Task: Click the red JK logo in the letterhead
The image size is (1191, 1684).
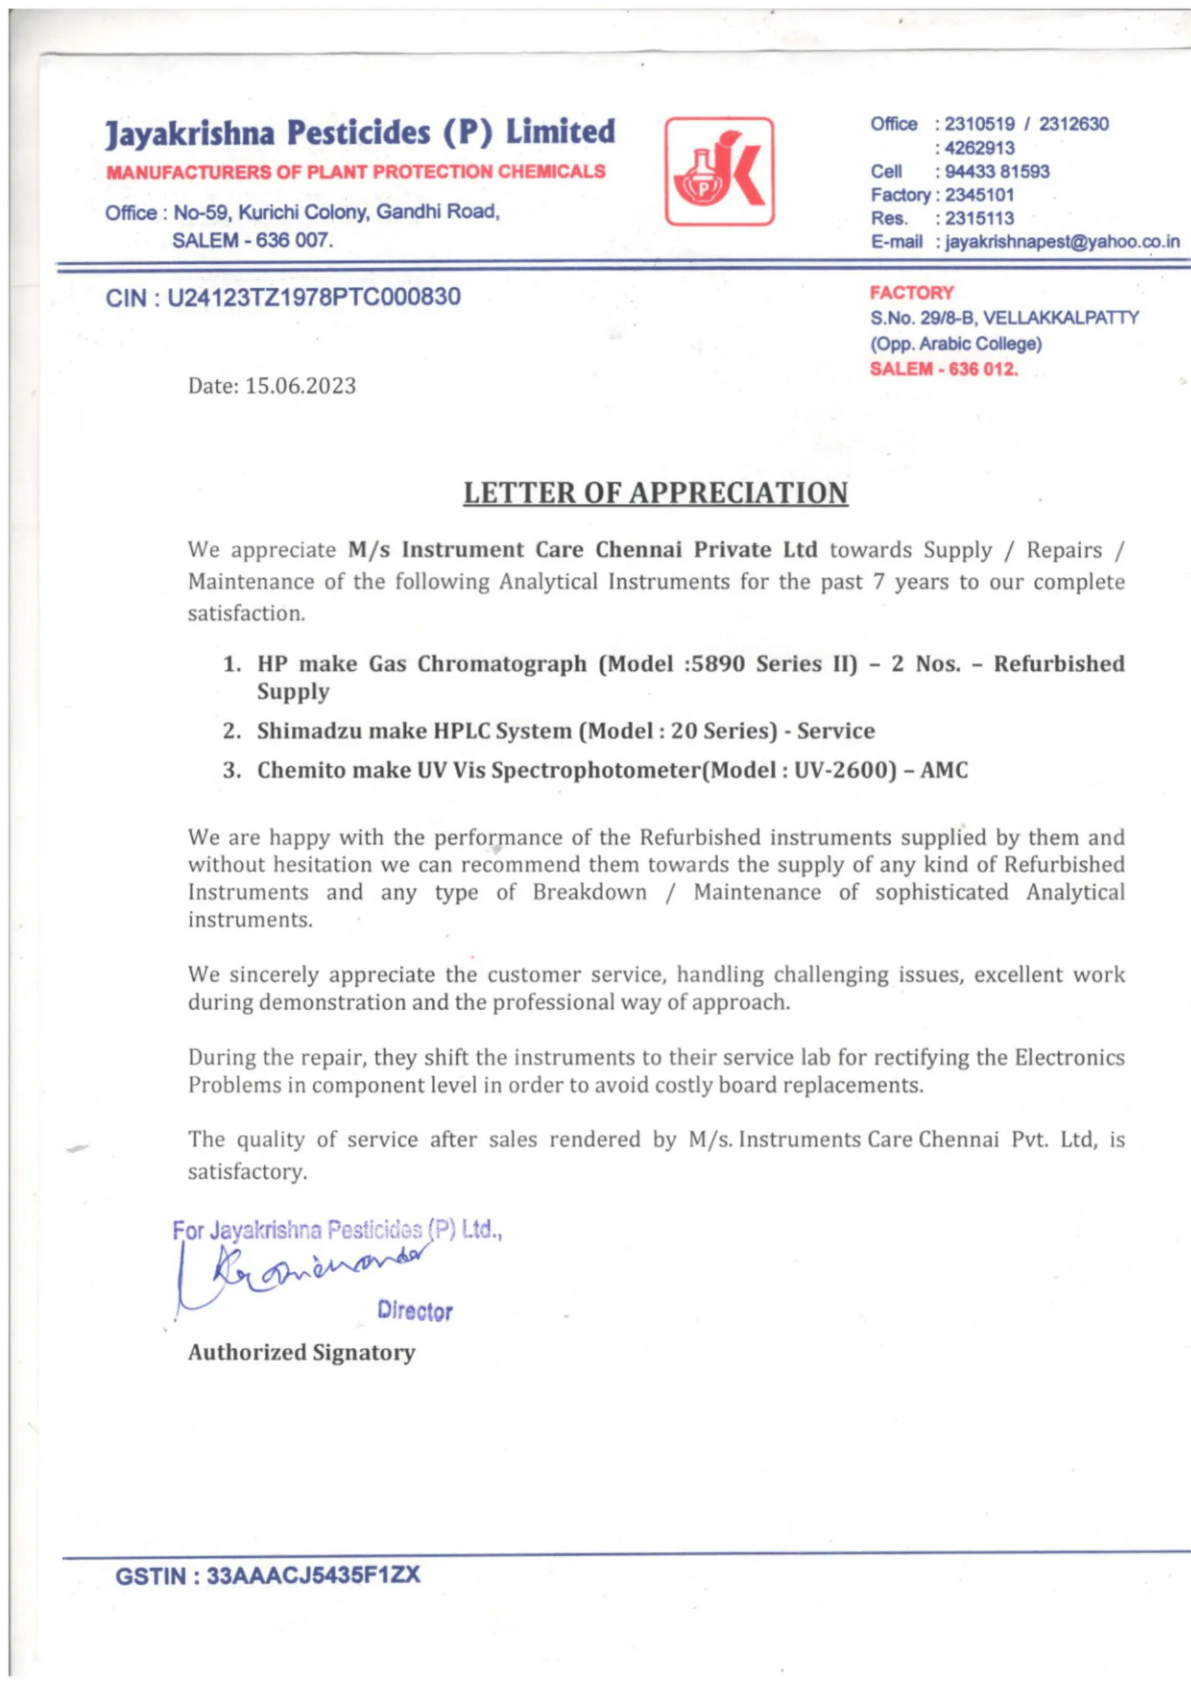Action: point(719,171)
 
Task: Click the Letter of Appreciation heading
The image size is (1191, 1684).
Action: point(655,493)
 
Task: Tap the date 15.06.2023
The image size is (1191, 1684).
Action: point(300,385)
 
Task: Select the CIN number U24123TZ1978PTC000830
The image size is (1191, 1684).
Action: point(314,297)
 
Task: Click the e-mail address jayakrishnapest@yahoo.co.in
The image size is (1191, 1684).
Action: point(1063,242)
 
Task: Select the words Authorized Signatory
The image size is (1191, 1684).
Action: point(301,1352)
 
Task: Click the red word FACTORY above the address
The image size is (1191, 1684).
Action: point(911,293)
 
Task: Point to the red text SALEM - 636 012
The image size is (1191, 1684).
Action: point(944,369)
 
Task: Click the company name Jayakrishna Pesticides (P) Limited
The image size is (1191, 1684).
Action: point(360,133)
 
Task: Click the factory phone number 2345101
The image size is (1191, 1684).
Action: point(979,195)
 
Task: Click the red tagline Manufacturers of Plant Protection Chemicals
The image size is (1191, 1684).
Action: point(356,172)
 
